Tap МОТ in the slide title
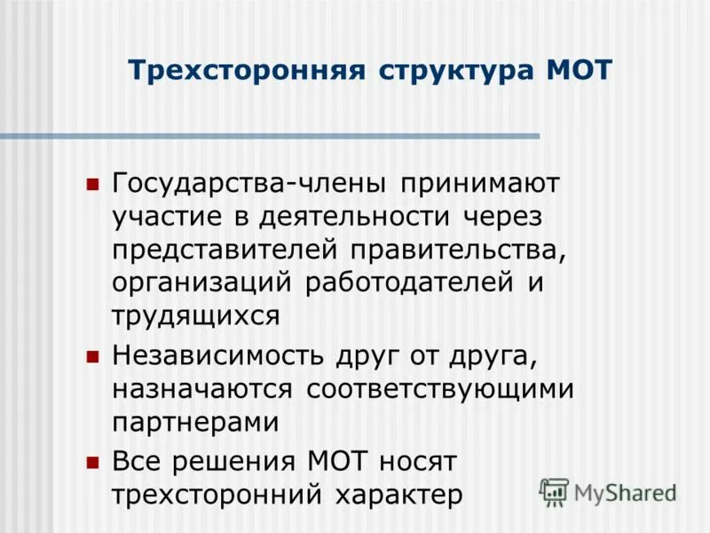[580, 71]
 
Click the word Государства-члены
[249, 186]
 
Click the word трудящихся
[196, 314]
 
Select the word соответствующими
[440, 389]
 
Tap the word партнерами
[195, 422]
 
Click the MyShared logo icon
[554, 491]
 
